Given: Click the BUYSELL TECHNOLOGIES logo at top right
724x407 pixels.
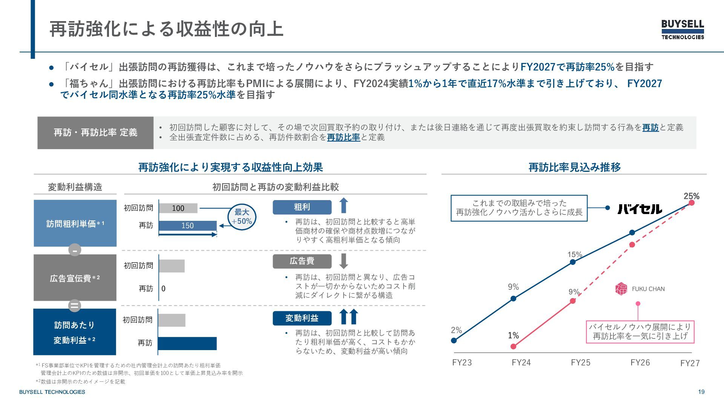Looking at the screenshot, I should (683, 29).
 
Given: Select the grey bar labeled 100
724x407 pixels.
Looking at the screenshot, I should (178, 208).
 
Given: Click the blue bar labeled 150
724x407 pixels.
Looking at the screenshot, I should (187, 225).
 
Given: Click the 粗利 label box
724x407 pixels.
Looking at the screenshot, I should (302, 207).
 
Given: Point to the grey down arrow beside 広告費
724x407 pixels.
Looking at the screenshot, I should (344, 261).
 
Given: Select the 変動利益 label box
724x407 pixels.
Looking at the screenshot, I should (302, 318).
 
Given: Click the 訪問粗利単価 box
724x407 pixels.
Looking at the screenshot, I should (75, 223).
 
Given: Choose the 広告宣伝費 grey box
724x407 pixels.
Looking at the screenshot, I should (75, 278).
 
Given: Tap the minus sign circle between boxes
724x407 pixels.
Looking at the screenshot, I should (75, 250).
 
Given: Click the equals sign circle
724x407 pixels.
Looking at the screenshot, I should (75, 305).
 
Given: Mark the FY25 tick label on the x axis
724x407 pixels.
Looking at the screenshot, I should (580, 363).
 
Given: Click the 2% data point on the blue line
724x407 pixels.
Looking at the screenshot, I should (454, 340).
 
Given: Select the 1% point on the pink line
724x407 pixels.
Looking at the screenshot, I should (513, 346).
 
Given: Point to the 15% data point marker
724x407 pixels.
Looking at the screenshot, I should (573, 262).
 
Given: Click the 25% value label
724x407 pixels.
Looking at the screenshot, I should (691, 196).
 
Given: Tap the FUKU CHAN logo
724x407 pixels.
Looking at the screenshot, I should (640, 289).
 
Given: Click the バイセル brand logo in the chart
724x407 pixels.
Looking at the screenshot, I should (640, 209).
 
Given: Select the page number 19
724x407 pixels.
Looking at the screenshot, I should (701, 392).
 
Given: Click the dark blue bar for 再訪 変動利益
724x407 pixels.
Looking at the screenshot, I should (187, 343).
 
